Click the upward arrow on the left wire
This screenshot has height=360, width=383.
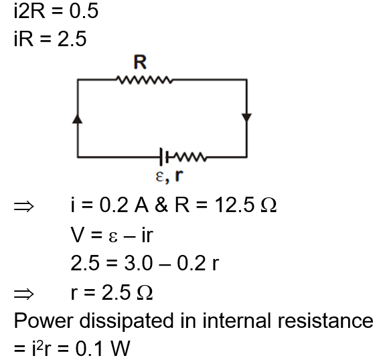(x=79, y=119)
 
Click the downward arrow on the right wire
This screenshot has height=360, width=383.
(x=246, y=118)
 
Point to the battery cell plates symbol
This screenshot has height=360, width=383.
(x=161, y=158)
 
